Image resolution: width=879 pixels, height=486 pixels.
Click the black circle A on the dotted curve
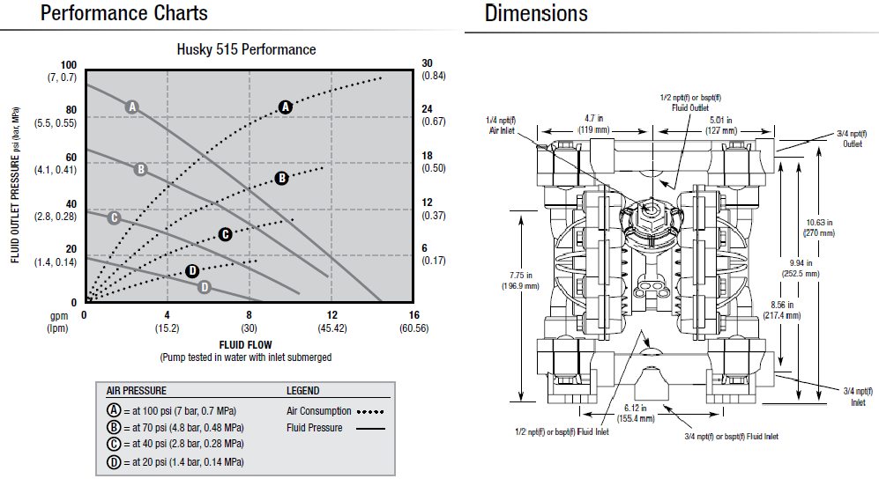(285, 107)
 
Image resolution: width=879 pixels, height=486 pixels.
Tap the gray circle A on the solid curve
(132, 107)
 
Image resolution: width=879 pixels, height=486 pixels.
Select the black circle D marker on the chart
(192, 270)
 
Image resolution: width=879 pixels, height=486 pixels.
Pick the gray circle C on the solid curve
(113, 217)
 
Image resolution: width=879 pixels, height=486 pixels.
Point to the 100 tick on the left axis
(69, 65)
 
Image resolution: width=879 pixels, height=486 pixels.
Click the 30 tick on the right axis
(428, 64)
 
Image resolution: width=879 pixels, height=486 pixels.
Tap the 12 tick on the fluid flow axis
(332, 315)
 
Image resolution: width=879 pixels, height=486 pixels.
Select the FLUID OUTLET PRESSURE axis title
(16, 186)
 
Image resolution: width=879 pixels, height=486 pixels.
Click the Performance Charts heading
(124, 13)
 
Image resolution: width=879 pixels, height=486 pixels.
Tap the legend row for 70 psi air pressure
(176, 427)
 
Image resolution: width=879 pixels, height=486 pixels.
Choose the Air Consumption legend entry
(319, 411)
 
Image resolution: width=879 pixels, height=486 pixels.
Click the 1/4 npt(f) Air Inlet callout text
(502, 124)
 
